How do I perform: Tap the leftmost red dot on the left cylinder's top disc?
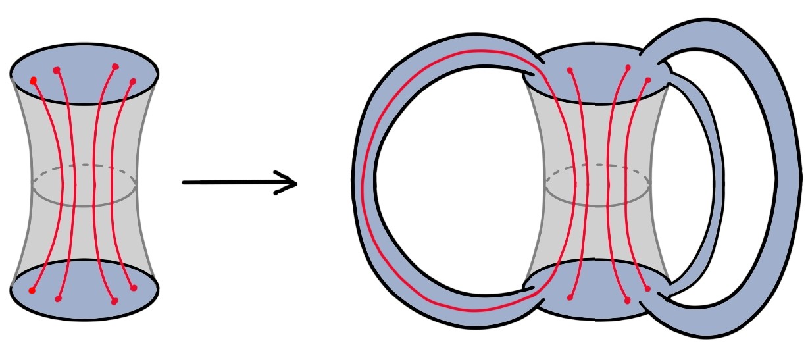34,80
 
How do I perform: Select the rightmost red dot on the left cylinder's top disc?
133,81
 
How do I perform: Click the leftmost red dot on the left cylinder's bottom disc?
32,290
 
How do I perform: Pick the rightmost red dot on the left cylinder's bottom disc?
134,288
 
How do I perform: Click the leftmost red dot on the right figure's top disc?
570,70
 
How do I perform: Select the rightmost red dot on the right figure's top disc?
648,80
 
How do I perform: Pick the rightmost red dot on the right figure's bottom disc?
648,288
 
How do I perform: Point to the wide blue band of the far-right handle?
786,178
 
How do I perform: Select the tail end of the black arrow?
184,182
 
